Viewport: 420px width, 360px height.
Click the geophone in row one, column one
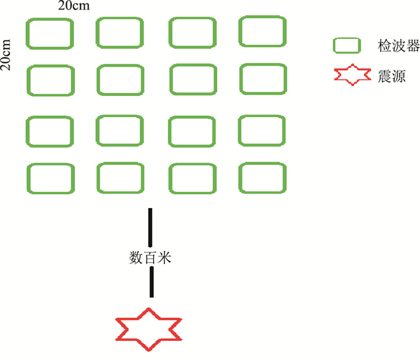tap(50, 34)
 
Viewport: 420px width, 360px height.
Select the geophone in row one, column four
tap(262, 31)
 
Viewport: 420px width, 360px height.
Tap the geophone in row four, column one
tap(51, 178)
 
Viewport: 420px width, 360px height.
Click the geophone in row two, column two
tap(120, 80)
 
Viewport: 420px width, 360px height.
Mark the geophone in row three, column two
tap(120, 130)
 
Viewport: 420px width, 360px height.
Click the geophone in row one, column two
tap(120, 32)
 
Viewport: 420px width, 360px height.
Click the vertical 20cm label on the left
tap(7, 56)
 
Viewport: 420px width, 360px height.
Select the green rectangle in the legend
tap(347, 46)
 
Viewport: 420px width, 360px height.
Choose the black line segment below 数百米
tap(151, 282)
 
